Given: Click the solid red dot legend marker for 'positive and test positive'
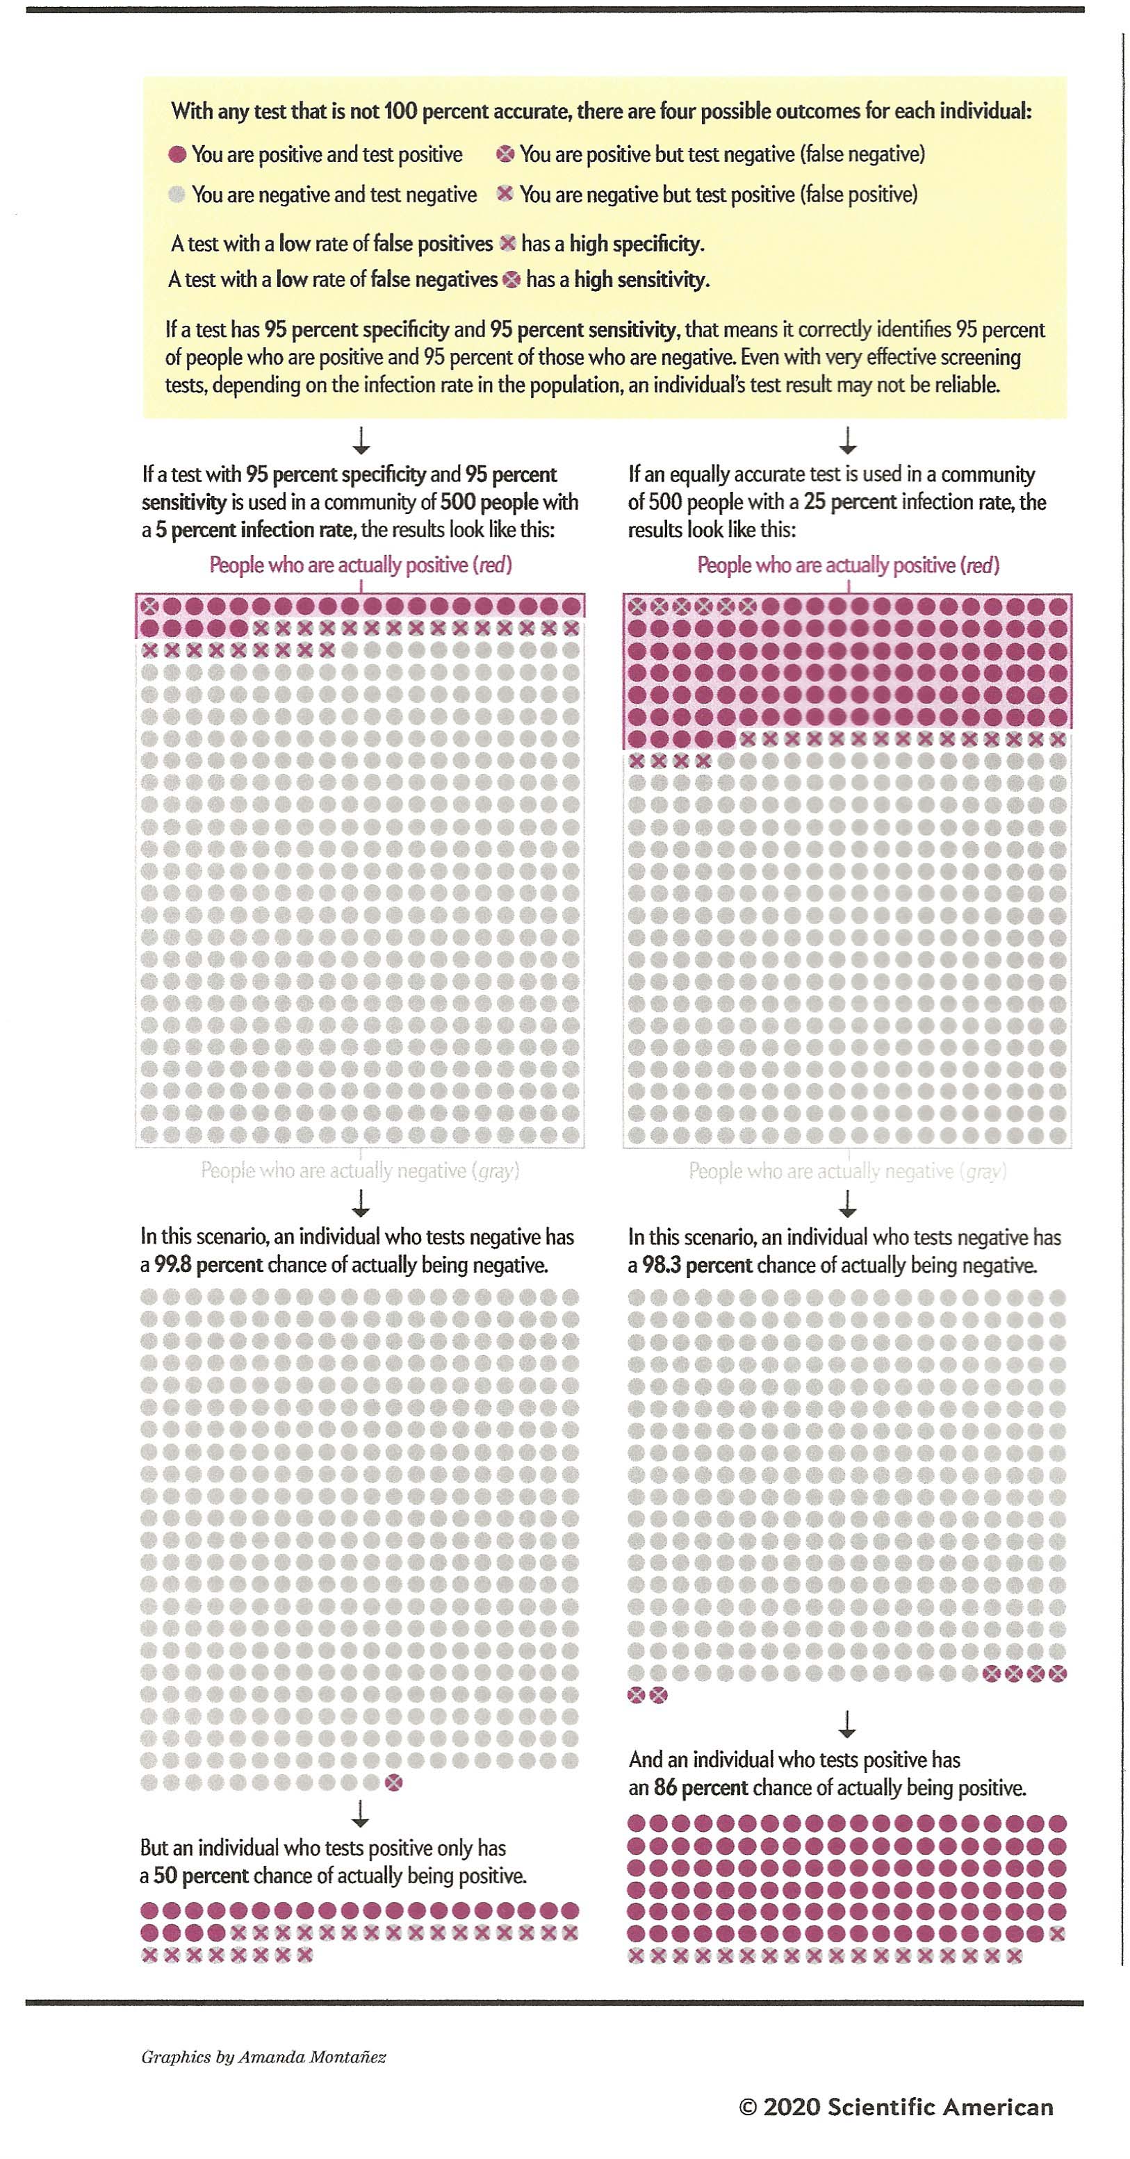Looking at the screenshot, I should pos(177,154).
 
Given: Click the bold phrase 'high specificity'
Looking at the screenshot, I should pos(637,244).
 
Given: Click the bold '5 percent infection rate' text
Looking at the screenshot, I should pos(254,530).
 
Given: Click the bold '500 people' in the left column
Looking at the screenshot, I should pos(489,502).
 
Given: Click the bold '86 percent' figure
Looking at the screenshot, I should pos(700,1788).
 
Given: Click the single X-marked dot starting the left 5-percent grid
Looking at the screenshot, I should pos(150,605).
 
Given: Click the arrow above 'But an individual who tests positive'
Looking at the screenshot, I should pos(361,1814).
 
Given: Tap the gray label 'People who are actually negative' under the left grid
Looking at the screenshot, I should pos(359,1171).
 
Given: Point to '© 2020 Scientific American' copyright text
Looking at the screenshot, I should pos(895,2107).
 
